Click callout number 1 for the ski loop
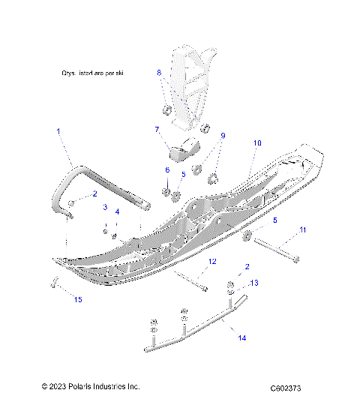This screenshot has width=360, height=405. tap(58, 131)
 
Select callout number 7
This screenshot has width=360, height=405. tap(157, 129)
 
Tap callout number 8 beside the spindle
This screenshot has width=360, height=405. tap(159, 73)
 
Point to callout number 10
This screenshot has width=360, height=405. tap(256, 142)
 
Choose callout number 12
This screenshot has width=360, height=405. tap(212, 261)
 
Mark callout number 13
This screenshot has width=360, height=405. tap(254, 283)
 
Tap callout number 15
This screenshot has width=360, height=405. tap(76, 299)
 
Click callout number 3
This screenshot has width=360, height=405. tap(106, 207)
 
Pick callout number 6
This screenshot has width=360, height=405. tap(167, 171)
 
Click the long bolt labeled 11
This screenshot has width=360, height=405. tap(277, 250)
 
